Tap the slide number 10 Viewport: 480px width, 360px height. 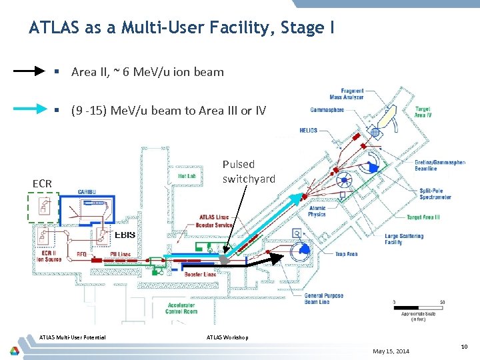tap(463, 346)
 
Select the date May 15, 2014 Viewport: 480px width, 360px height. tap(391, 351)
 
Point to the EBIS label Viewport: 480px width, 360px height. tap(125, 235)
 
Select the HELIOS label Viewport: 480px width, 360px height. tap(309, 130)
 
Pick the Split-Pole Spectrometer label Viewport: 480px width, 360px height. tap(437, 193)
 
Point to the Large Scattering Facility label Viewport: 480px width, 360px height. tap(403, 239)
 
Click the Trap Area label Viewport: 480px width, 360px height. tap(346, 254)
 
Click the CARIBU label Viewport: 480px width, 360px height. tap(87, 192)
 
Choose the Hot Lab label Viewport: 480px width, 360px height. tap(186, 176)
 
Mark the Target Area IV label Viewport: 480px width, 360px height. tap(423, 112)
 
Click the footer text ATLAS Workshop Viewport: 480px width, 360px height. tap(228, 337)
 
